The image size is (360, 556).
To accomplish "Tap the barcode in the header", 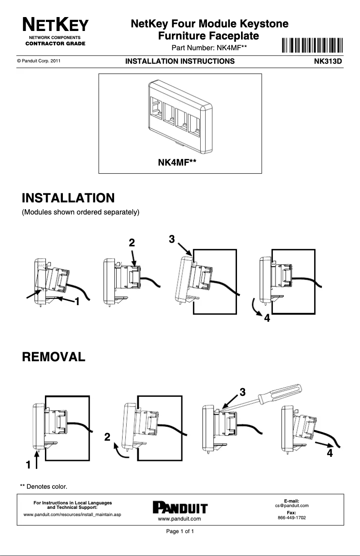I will (313, 46).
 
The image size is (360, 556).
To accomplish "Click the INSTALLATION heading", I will (68, 198).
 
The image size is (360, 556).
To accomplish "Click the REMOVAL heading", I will (53, 357).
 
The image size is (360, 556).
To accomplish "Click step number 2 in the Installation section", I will (132, 243).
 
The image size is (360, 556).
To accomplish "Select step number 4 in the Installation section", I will (267, 319).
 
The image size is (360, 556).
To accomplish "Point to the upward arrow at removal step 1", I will (36, 460).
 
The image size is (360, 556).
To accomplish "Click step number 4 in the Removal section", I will (330, 453).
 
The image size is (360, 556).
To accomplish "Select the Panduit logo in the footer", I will (180, 508).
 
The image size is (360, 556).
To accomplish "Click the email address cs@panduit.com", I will (292, 505).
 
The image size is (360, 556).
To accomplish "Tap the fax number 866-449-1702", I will (292, 517).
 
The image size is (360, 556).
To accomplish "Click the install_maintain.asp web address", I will (72, 514).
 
